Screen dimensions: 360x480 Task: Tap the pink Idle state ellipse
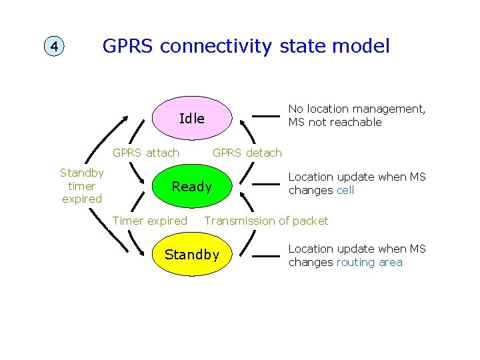[x=191, y=119]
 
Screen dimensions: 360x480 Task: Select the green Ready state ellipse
[x=191, y=187]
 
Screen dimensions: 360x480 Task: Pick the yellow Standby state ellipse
[x=191, y=255]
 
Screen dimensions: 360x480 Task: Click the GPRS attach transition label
[x=145, y=153]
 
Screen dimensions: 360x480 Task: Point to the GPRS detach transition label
[x=247, y=153]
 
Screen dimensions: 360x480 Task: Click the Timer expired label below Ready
[x=150, y=221]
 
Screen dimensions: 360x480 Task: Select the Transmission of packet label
[x=267, y=221]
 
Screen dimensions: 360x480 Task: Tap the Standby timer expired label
[x=81, y=186]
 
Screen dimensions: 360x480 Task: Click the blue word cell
[x=345, y=191]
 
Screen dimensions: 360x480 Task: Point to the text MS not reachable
[x=335, y=123]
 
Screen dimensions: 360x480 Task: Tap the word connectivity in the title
[x=216, y=46]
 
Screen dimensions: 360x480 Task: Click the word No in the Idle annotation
[x=295, y=109]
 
